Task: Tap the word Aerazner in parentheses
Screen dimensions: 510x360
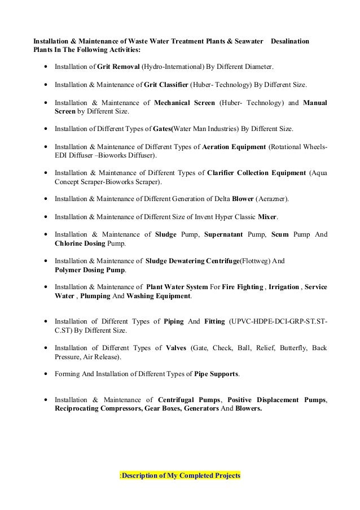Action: point(274,199)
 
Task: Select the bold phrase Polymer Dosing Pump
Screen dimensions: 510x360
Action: point(90,270)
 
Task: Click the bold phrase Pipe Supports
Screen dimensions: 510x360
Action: point(208,374)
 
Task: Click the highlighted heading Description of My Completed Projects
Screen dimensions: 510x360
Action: point(181,476)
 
